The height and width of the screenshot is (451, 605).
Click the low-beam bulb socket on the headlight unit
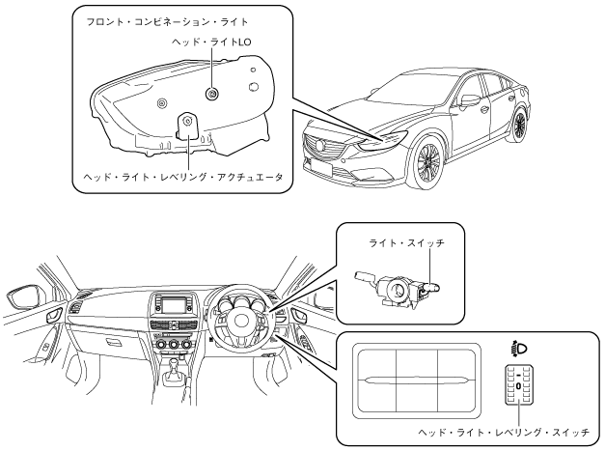pos(211,93)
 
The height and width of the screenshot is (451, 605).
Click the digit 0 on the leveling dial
pos(518,386)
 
